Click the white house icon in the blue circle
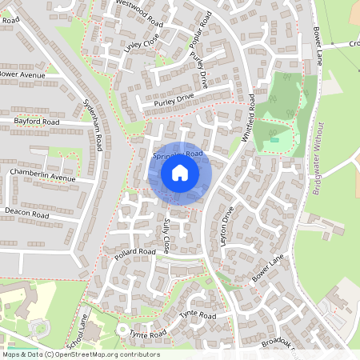tap(180, 172)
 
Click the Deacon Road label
tap(26, 214)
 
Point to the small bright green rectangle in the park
tap(275, 140)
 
